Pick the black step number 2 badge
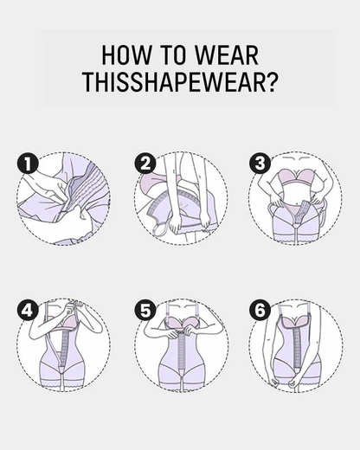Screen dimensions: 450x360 pos(145,162)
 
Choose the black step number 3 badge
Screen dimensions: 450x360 pos(259,162)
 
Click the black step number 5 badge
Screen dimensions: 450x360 pos(145,309)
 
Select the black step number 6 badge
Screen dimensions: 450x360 pos(259,309)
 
